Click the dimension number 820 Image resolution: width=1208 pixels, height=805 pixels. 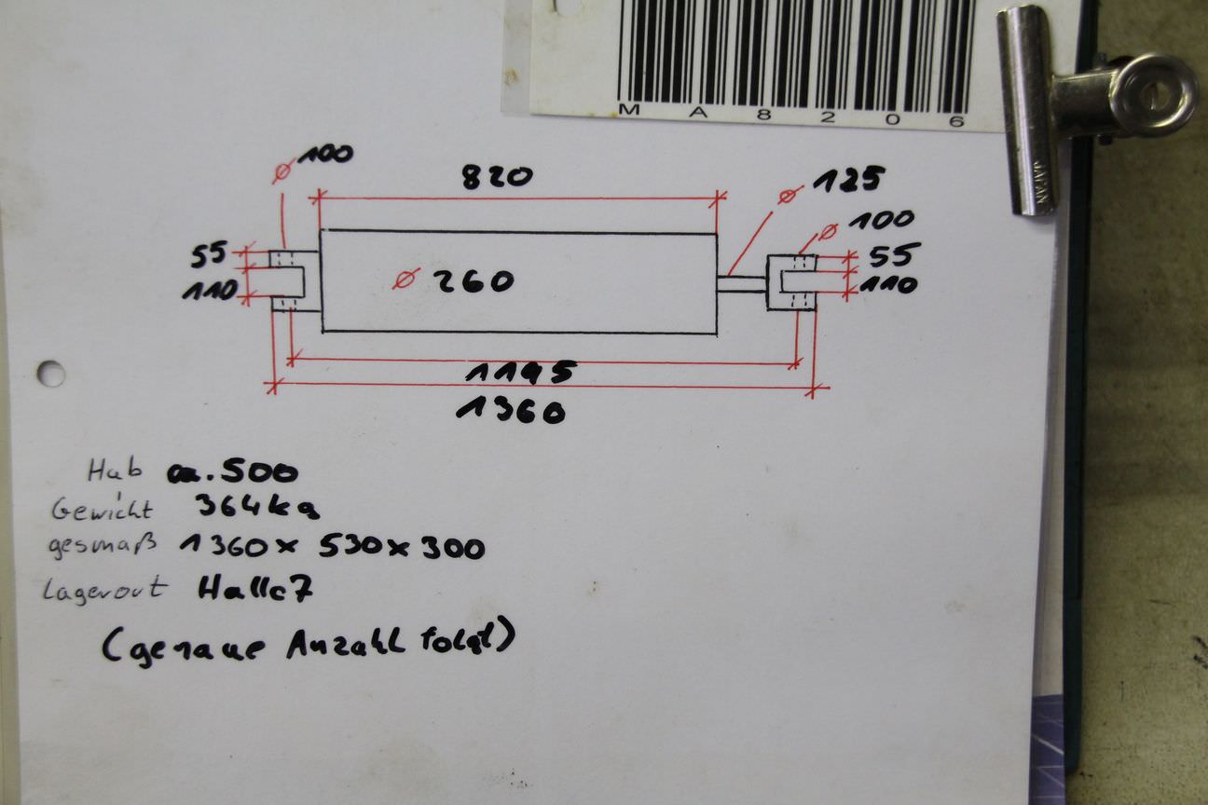point(497,176)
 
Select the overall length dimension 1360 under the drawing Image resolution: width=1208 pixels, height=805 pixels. point(511,410)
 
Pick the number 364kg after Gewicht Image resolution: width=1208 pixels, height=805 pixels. point(257,508)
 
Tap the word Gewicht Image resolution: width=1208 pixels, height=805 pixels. point(102,509)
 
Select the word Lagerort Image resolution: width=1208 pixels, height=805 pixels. point(104,589)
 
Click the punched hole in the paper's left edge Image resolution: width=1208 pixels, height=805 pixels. point(50,374)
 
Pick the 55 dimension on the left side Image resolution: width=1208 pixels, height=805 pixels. point(209,254)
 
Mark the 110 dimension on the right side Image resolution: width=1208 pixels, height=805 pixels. point(887,285)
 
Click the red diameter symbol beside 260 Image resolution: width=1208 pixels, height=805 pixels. point(406,279)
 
